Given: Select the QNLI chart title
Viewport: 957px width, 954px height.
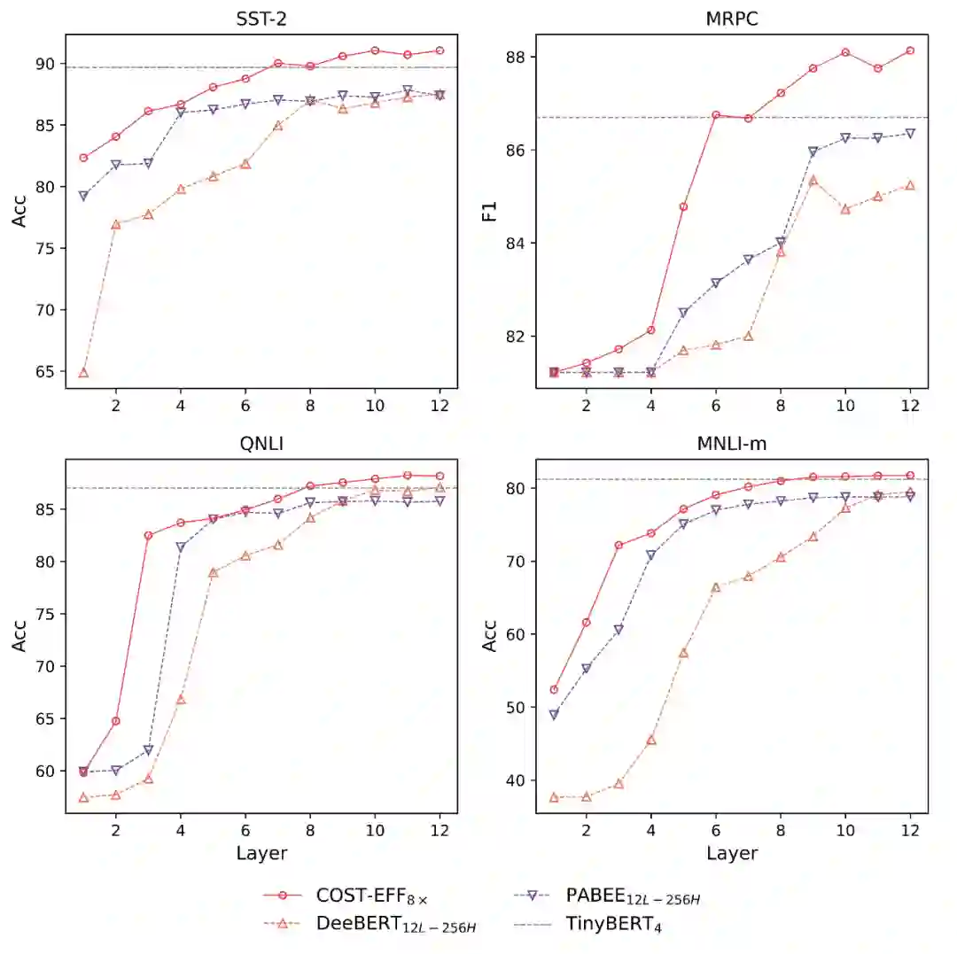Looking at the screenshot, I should tap(261, 445).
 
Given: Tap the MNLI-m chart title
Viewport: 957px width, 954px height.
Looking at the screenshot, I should tap(732, 445).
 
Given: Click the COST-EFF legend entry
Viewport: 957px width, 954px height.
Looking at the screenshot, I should tap(372, 896).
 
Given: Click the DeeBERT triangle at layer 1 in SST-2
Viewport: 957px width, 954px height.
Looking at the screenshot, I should tap(83, 373).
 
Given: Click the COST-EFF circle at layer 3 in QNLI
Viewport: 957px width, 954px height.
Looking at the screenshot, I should tap(148, 536).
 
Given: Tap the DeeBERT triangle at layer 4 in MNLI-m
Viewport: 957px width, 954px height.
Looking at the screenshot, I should tap(651, 740).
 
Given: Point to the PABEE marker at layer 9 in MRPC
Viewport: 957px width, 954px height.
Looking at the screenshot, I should tap(813, 151).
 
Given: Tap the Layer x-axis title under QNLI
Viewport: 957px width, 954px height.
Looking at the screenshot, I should tap(261, 853).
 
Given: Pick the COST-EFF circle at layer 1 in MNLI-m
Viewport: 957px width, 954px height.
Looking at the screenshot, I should tap(554, 690).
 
